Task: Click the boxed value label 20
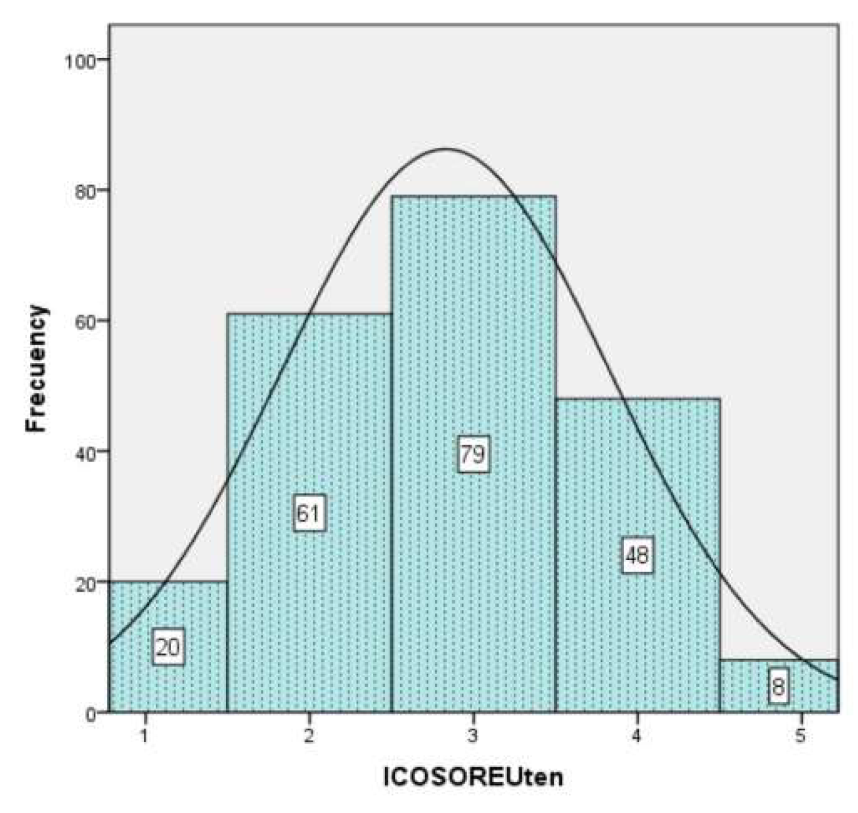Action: point(168,648)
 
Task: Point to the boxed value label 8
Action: point(778,688)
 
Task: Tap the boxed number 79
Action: point(473,454)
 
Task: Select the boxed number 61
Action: point(309,514)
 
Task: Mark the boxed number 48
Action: point(637,556)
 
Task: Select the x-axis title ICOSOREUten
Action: point(473,777)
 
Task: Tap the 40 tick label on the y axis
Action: point(83,452)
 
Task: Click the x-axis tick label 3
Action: point(473,736)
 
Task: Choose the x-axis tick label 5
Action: point(800,736)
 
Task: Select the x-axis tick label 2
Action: point(309,736)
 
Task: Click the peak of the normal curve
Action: point(446,149)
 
